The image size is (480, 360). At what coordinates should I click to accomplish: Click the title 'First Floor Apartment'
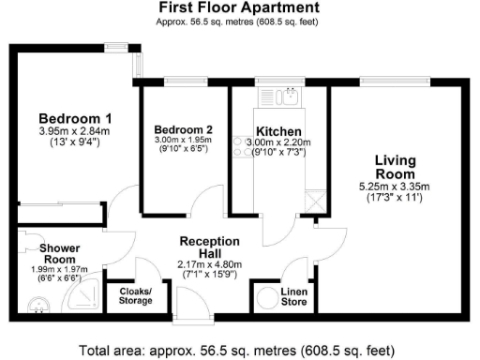[x=238, y=7]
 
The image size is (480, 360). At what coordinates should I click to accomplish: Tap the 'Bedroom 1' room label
[x=75, y=118]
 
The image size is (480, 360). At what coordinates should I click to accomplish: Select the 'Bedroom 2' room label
[x=184, y=129]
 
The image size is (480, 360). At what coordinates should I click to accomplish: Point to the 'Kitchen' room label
[x=278, y=130]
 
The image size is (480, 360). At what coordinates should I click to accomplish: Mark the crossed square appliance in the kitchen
[x=313, y=200]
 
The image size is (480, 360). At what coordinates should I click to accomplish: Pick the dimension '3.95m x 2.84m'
[x=75, y=131]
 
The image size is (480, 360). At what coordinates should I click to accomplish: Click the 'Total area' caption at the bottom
[x=238, y=350]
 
